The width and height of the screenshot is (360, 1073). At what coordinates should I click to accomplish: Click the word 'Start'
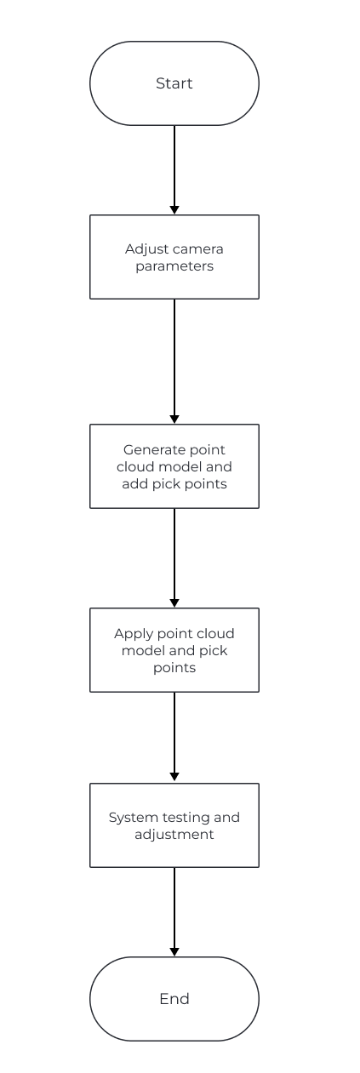coord(174,83)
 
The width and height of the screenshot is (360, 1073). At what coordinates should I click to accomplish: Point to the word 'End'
coord(174,999)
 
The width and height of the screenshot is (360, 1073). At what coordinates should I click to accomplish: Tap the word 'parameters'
coord(174,266)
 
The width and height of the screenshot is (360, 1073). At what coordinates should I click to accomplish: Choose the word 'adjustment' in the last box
coord(174,835)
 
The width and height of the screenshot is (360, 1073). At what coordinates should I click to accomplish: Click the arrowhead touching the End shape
coord(174,951)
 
